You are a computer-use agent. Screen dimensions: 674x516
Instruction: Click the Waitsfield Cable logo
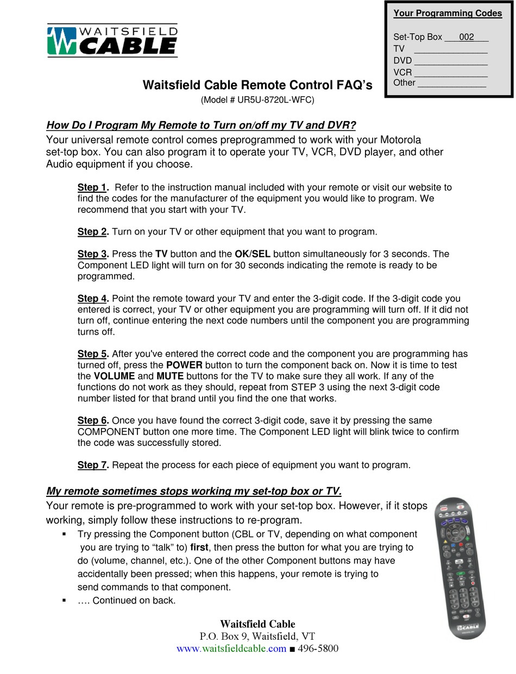coord(112,40)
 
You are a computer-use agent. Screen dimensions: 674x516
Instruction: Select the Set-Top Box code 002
coord(466,37)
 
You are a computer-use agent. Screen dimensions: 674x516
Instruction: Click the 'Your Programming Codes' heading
coord(448,14)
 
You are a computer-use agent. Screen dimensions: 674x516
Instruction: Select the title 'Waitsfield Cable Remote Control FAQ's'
coord(257,85)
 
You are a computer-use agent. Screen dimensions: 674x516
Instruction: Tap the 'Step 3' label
coord(92,254)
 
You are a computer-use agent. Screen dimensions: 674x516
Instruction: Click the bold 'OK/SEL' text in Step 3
coord(252,254)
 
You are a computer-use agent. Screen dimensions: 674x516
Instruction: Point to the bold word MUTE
coord(170,376)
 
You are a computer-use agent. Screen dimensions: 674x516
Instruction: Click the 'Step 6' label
coord(92,420)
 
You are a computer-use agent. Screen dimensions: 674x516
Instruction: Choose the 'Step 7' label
coord(92,465)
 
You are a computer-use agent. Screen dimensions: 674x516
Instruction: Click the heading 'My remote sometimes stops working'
coord(194,492)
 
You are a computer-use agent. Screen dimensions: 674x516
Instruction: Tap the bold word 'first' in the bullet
coord(200,547)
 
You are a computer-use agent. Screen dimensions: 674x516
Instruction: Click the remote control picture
coord(460,567)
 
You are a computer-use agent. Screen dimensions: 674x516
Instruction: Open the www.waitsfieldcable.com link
coord(231,649)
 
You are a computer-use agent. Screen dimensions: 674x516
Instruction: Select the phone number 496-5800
coord(318,649)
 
